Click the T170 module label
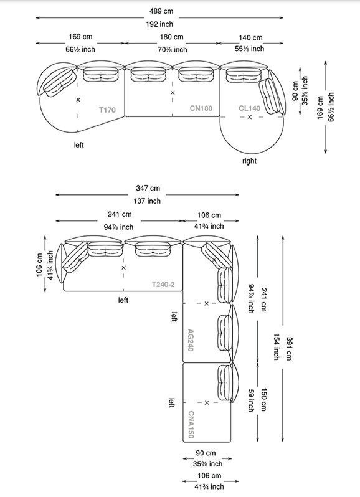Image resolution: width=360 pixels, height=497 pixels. point(107,110)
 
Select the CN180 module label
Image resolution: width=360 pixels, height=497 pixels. point(201,108)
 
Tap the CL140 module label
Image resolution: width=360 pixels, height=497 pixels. point(249,108)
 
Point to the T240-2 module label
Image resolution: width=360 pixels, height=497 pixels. point(163,285)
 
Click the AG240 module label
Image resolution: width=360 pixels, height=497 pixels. point(191,340)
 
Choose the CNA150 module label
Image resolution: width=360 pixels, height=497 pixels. point(191,425)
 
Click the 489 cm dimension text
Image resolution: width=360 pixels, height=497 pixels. point(161,11)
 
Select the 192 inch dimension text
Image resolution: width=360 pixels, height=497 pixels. point(159,24)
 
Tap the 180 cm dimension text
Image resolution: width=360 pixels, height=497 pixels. point(171,37)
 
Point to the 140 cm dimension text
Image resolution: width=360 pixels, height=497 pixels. point(250,38)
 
